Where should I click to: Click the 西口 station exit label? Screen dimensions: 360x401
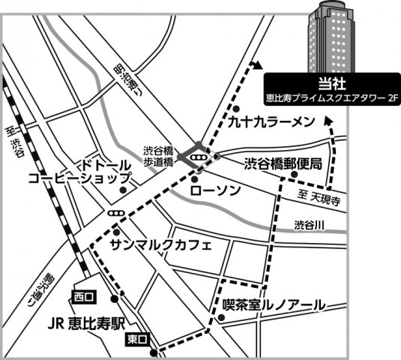coord(82,297)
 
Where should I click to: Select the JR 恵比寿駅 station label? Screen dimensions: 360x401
coord(82,325)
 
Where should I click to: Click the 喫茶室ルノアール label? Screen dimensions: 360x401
coord(274,304)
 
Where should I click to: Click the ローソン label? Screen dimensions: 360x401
coord(215,190)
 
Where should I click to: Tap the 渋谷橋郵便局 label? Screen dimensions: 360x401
coord(283,163)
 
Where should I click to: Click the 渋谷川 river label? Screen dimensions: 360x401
coord(308,224)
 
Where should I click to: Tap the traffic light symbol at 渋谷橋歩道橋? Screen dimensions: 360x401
coord(198,157)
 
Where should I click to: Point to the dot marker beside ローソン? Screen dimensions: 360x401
coord(194,180)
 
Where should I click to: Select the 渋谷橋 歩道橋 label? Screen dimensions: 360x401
coord(158,155)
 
